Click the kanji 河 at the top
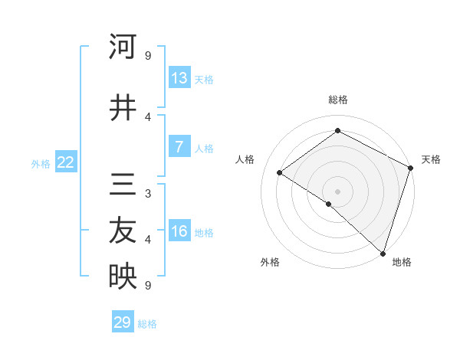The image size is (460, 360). pos(123,47)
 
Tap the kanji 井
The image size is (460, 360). pos(123,108)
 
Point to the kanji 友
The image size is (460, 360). pos(123,231)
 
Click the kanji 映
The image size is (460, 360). pos(123,277)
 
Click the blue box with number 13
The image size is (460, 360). pos(179,78)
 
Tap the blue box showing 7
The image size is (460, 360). pos(179,147)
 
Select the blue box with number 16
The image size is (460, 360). pos(179,231)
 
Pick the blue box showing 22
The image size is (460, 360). pos(65,162)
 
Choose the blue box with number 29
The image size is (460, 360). pos(123,322)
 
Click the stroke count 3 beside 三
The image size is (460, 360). pos(148,193)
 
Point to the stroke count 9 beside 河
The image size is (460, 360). pos(148,55)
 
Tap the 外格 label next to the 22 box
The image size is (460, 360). pos(41,163)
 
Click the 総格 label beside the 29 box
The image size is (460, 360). pos(147,324)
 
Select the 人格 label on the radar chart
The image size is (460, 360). pos(245,159)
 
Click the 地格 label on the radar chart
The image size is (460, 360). pos(402,262)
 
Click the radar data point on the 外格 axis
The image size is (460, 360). pos(328,204)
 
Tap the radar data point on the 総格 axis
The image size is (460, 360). pos(337,131)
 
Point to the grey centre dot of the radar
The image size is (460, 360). pos(337,190)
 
